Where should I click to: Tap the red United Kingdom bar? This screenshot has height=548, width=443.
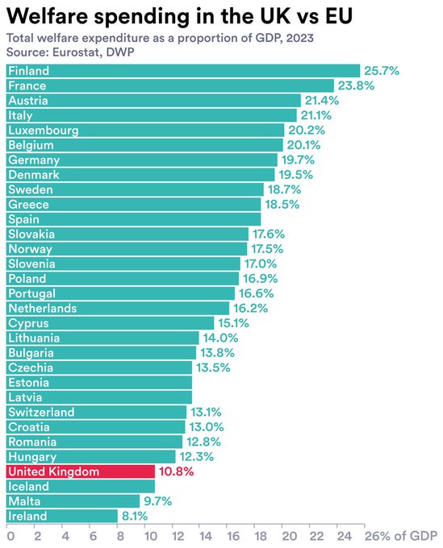tap(81, 471)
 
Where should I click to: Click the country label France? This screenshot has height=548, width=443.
tap(27, 85)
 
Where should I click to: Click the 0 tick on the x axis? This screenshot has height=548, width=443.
tap(10, 535)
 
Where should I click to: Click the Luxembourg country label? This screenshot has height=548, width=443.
tap(43, 131)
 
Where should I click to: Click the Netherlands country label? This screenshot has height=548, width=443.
tap(42, 308)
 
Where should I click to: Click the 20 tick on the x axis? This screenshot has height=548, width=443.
tap(287, 535)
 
